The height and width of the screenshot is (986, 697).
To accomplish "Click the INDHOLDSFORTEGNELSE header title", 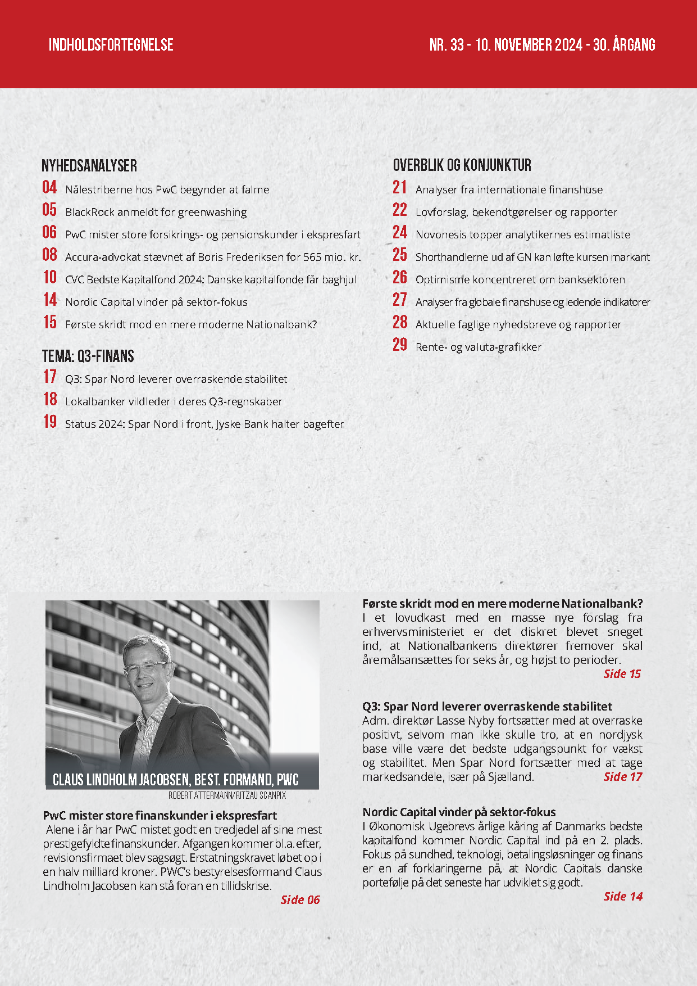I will [x=111, y=45].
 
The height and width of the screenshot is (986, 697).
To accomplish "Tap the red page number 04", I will [x=49, y=187].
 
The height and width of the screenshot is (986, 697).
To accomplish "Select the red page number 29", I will [x=400, y=345].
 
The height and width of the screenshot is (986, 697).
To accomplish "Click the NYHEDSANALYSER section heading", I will [x=89, y=165].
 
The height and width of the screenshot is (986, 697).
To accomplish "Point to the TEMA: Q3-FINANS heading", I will [x=88, y=356].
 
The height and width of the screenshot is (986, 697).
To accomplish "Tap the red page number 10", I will [x=49, y=277].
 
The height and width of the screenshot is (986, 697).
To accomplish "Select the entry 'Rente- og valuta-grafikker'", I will [x=479, y=347].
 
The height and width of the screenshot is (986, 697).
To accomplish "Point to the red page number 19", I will [x=49, y=422].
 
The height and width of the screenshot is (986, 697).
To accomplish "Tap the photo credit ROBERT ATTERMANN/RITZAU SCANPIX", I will [x=227, y=795].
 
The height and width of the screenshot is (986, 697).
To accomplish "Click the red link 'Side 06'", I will [x=300, y=899].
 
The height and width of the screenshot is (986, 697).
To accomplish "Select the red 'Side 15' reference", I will [x=622, y=673].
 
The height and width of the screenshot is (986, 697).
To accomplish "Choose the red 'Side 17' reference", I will [x=622, y=776].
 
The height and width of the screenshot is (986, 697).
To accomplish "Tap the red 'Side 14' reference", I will [x=622, y=896].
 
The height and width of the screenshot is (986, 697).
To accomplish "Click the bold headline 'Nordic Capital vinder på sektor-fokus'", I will [x=459, y=812].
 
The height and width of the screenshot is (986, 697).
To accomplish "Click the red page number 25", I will [x=400, y=255].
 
